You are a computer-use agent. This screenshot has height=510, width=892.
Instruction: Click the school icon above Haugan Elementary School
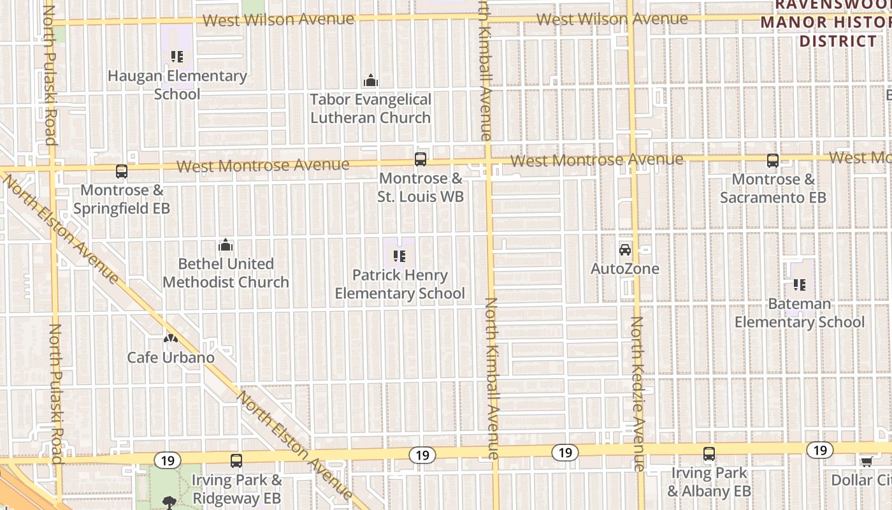coord(177,57)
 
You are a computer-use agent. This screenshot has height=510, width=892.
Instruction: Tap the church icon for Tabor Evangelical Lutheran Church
coord(370,80)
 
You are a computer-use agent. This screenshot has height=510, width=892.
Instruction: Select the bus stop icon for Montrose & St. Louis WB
coord(421,159)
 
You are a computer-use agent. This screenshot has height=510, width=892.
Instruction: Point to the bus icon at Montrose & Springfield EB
coord(121,171)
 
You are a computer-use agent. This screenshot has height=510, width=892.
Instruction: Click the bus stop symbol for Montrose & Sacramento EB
coord(773,161)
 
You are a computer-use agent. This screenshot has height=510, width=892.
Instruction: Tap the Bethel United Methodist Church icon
coord(226,245)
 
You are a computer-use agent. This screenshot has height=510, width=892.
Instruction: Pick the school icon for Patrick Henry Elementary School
coord(399,256)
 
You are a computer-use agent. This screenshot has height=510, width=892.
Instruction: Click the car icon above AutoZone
coord(625,250)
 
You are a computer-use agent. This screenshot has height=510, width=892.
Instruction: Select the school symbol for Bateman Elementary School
coord(800,285)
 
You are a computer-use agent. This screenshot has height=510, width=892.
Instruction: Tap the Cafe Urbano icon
coord(170,339)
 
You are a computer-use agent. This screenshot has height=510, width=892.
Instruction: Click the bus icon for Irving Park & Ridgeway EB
coord(236,461)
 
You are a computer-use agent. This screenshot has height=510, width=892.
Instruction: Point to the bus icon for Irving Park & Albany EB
coord(709,454)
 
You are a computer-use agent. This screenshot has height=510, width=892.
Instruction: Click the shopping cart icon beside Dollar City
coord(867,462)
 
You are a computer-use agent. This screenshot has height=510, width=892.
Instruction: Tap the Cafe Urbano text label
coord(171,357)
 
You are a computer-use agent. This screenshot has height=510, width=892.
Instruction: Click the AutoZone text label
coord(625,268)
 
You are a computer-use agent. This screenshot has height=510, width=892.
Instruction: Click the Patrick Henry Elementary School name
coord(400,284)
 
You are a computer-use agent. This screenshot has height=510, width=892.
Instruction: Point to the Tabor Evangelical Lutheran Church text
coord(371,108)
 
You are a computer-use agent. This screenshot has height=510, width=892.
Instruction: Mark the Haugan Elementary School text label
coord(177,85)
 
